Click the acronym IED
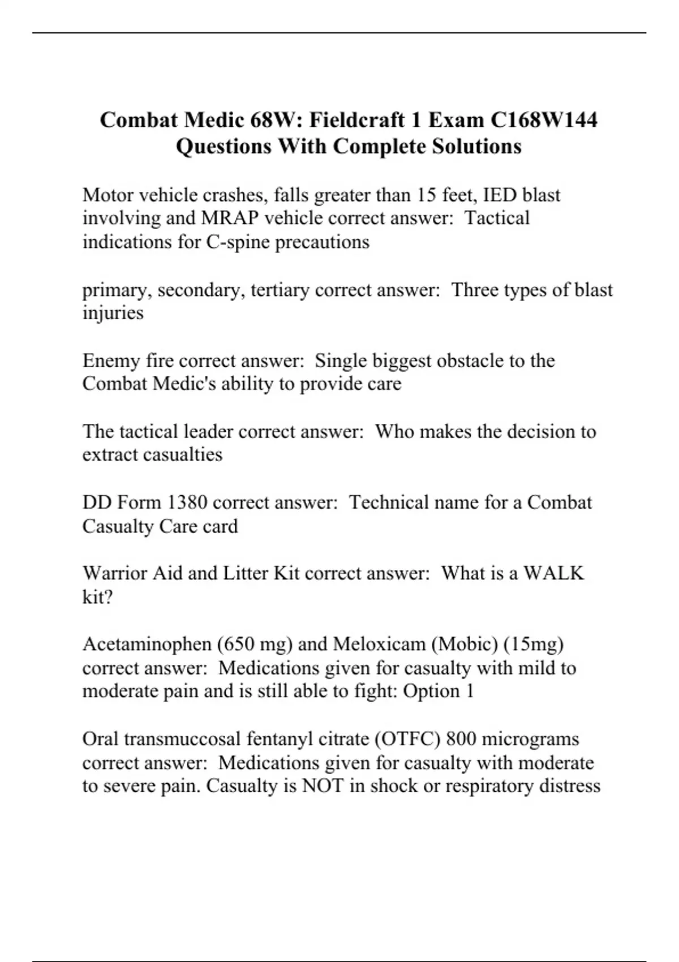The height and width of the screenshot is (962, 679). point(500,195)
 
